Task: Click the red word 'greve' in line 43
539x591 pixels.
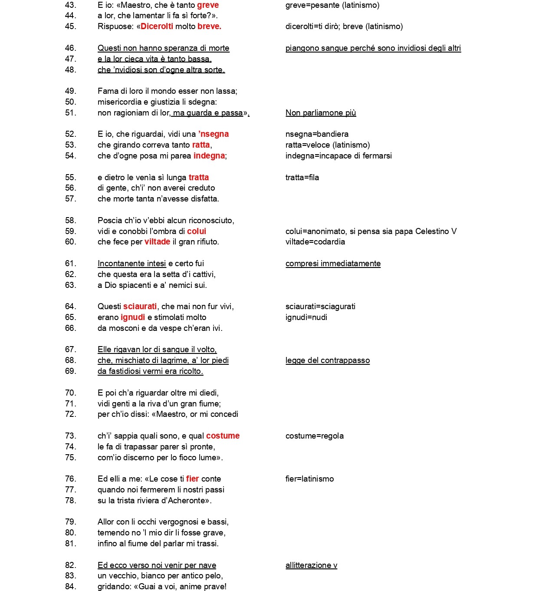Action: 208,5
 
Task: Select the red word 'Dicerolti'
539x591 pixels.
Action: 157,26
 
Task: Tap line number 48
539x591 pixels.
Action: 70,69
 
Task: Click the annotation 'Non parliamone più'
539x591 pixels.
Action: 321,113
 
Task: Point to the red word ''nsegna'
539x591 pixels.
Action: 214,134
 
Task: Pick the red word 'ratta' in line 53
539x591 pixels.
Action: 201,145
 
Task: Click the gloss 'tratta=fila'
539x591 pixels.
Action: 302,177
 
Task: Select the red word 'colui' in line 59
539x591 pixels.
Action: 197,231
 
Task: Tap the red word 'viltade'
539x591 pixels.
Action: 157,242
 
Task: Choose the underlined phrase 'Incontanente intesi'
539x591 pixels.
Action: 131,264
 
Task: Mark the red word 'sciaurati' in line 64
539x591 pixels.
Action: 140,307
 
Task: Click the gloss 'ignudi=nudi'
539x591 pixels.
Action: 306,317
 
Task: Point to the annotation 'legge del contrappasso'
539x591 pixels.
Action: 328,360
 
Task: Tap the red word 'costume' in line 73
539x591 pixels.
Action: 223,436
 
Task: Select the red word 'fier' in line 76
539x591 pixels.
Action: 192,479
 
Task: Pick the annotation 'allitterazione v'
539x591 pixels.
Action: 311,565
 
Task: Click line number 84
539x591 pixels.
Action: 70,587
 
